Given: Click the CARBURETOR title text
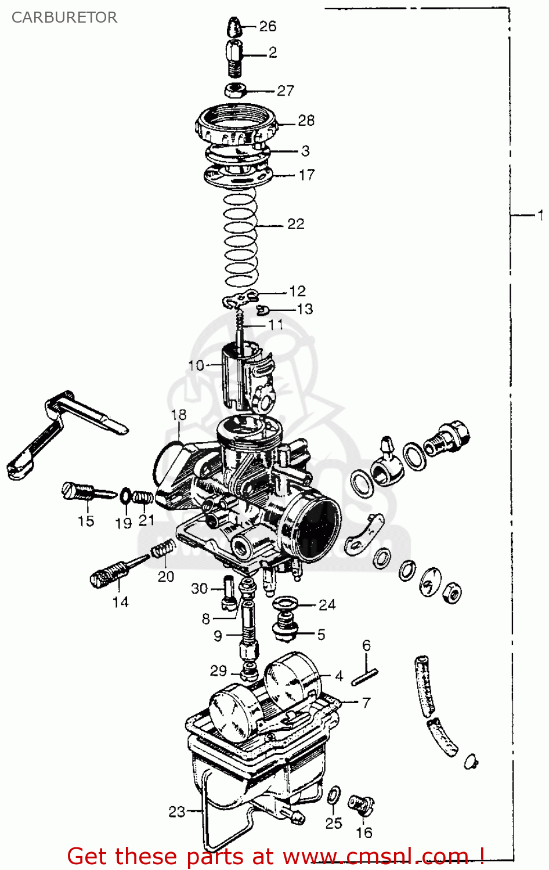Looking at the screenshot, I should coord(64,17).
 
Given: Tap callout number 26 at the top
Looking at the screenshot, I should coord(268,26).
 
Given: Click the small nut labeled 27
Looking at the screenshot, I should coord(236,90).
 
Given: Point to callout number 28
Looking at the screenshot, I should coord(306,121).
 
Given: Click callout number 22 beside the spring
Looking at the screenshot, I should coord(295,224).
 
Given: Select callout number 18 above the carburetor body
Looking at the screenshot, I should coord(179,415).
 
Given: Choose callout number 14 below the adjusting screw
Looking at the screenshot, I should coord(120,602).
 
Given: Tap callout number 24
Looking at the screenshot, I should coord(327,605).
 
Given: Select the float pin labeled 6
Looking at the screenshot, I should coord(364,677).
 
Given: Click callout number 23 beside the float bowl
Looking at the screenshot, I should coord(177,812).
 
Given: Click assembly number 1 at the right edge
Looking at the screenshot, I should coord(540,215).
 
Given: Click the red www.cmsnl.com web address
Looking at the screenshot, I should coord(374,857).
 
